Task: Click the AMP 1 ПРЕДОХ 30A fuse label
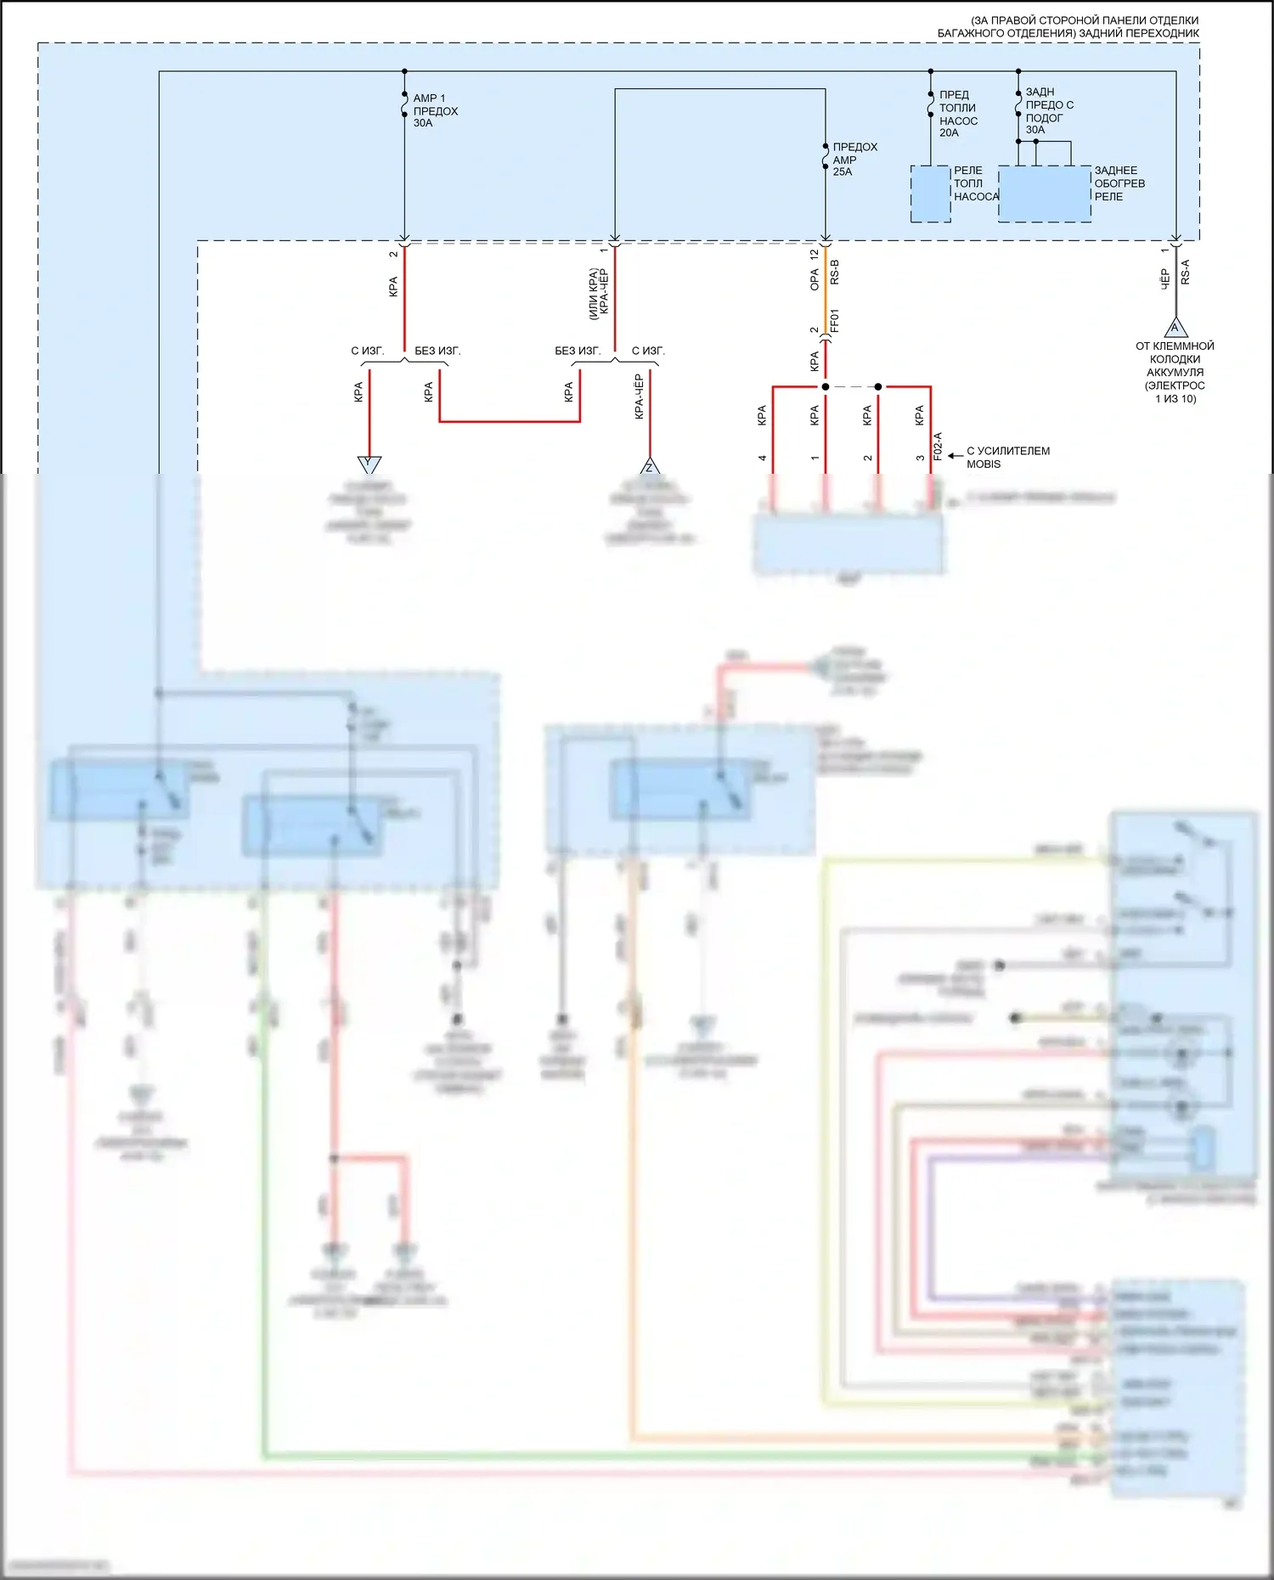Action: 435,110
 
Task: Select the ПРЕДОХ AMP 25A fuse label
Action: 854,159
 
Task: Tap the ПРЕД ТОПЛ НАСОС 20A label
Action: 957,114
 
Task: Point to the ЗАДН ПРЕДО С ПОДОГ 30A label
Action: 1049,110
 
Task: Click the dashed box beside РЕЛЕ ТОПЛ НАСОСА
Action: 930,194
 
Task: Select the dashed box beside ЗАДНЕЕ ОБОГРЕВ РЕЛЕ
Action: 1044,194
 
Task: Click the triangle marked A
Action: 1175,328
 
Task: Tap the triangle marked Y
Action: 369,464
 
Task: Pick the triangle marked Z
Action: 650,466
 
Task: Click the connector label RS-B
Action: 834,273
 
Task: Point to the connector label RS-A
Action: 1185,273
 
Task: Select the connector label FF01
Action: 834,320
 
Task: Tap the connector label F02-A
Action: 938,447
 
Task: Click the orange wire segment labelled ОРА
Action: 825,280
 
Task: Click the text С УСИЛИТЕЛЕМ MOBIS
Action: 1007,457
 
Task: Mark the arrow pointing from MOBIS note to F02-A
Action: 955,456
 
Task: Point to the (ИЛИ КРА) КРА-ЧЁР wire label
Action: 598,294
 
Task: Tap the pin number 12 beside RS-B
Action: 814,254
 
